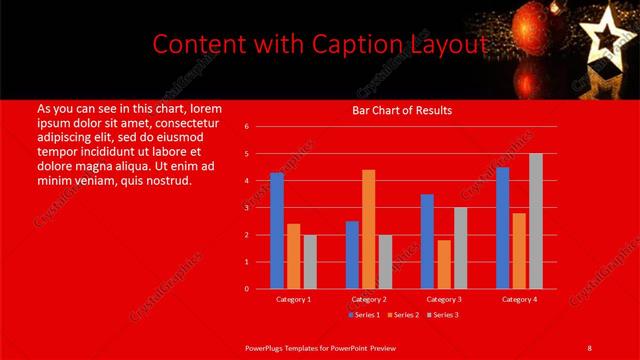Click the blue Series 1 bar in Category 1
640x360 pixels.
[x=277, y=231]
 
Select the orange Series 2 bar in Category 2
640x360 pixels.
[x=369, y=229]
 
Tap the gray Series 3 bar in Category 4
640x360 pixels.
[x=536, y=221]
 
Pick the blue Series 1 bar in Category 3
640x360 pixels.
[x=427, y=241]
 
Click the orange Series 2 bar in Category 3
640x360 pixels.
[x=443, y=264]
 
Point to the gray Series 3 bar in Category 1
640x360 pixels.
[x=310, y=262]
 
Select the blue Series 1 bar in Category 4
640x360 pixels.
[x=502, y=228]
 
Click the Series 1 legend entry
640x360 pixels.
[x=364, y=314]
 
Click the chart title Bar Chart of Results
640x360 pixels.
[x=402, y=110]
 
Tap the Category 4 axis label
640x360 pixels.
[x=518, y=299]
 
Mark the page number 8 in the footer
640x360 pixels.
[x=589, y=347]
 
